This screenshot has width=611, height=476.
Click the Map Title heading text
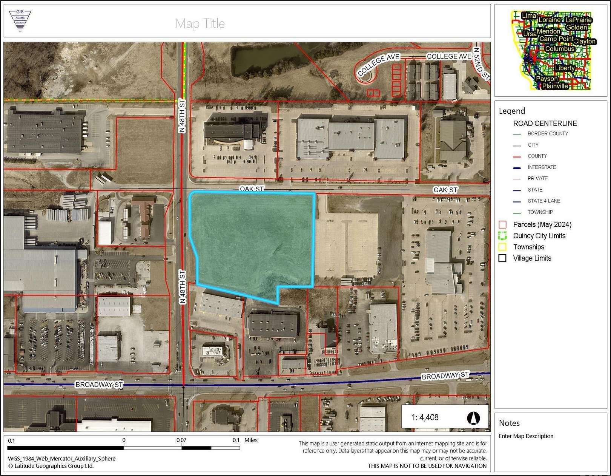point(200,23)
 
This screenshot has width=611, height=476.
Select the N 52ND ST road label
point(482,63)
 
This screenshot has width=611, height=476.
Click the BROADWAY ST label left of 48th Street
point(99,385)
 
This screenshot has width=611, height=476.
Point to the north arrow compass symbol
point(473,417)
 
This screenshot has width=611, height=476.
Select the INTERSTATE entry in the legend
point(542,167)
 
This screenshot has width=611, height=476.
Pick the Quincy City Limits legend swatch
point(502,236)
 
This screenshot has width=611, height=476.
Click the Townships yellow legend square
point(502,247)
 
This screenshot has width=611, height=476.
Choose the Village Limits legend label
point(532,258)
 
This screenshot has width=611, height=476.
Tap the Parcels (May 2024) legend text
point(542,224)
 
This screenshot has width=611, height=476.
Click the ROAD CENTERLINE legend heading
point(545,123)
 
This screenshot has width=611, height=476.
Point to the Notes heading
point(509,423)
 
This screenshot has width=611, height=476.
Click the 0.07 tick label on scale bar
point(181,440)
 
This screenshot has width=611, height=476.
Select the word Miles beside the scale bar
point(251,440)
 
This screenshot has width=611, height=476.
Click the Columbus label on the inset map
point(560,49)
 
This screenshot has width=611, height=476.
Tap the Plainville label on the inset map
point(555,86)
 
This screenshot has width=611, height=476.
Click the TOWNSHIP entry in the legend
point(540,212)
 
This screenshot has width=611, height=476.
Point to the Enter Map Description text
point(526,436)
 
